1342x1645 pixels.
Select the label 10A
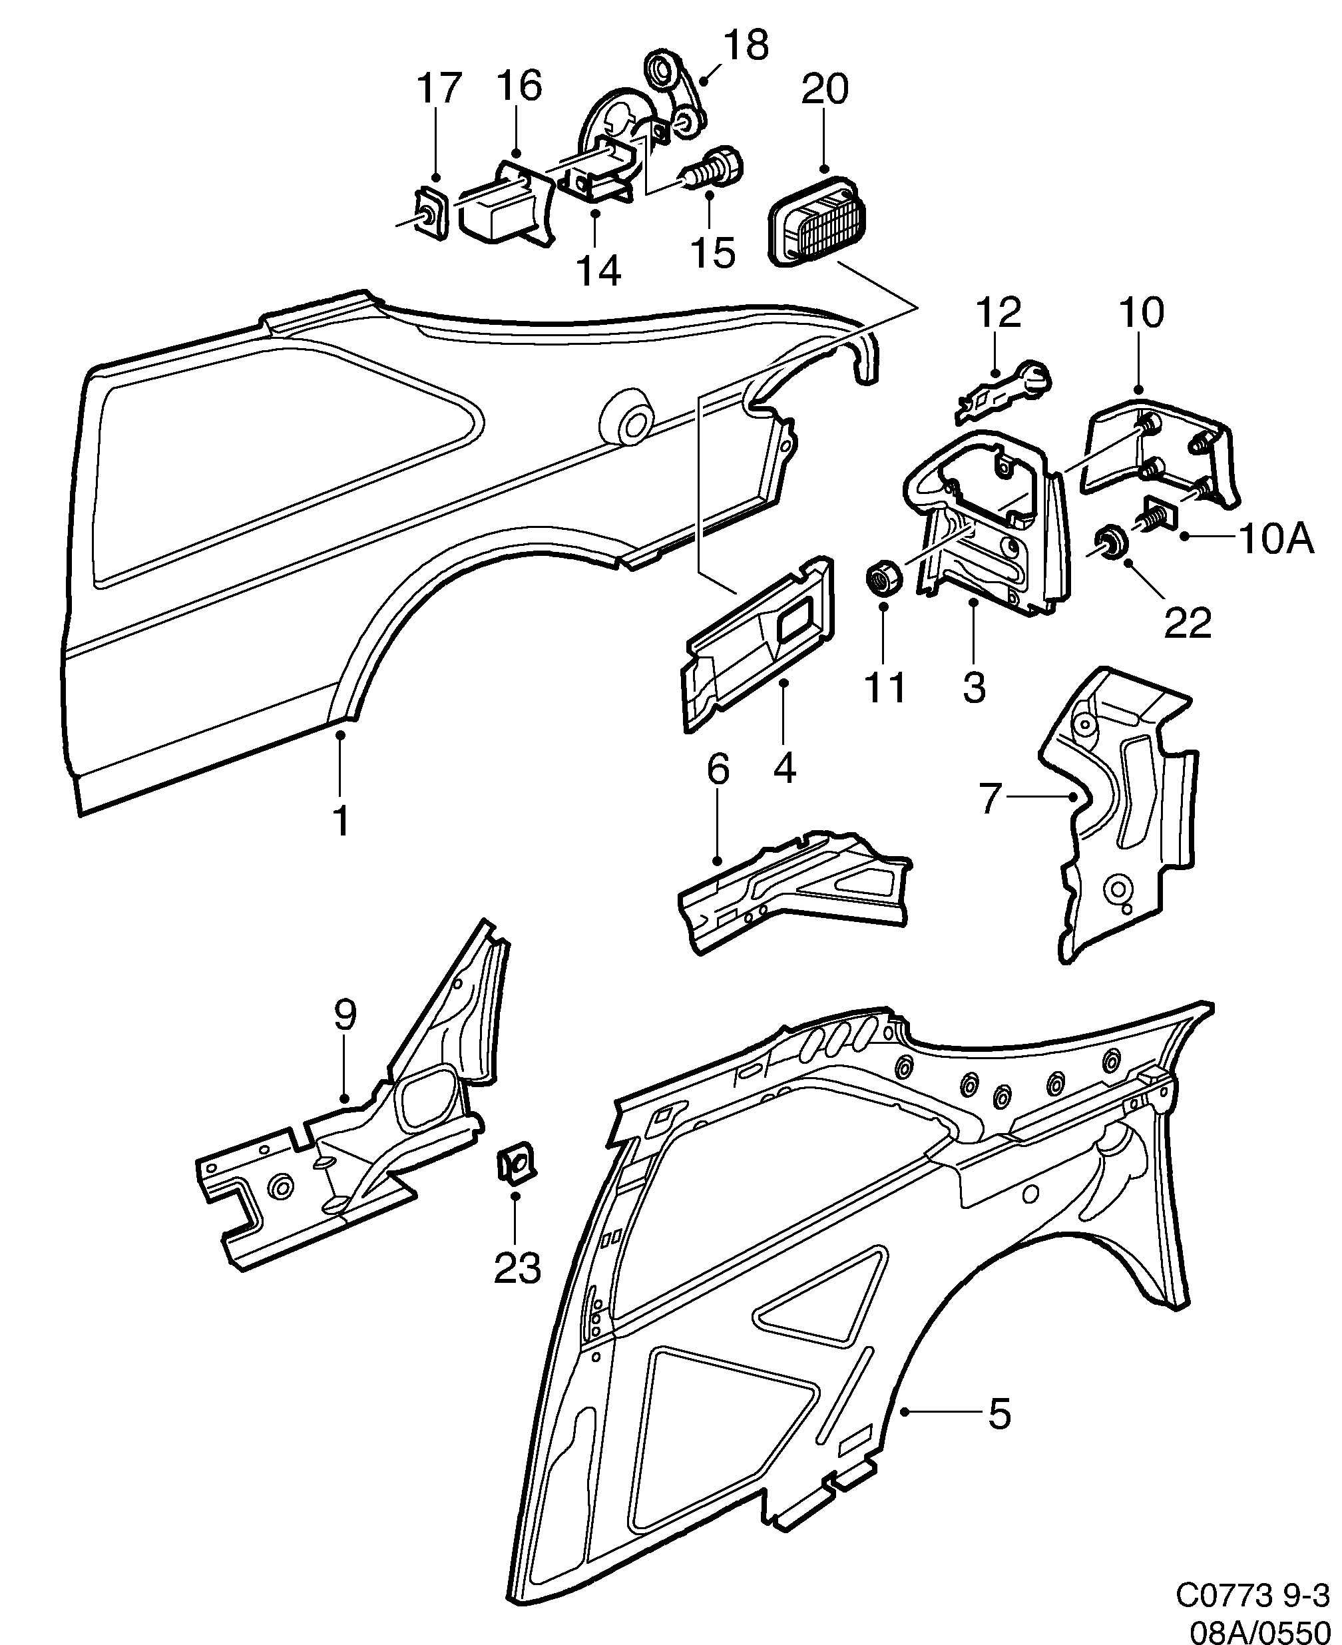(1275, 539)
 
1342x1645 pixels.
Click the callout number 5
(1000, 1414)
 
